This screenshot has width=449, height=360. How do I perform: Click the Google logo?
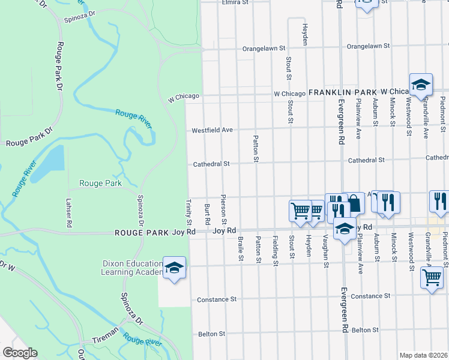click(19, 353)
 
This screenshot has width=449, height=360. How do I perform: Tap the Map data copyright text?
click(424, 355)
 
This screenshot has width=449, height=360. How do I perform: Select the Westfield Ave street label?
click(211, 130)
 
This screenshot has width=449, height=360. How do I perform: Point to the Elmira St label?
click(235, 2)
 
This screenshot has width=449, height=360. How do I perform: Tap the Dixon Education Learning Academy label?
click(132, 268)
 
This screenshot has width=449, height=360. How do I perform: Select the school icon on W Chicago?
click(421, 85)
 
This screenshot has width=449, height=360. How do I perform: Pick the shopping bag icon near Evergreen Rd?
click(354, 203)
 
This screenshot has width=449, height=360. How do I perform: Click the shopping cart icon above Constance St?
click(432, 277)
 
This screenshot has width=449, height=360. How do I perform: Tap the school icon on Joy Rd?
click(345, 229)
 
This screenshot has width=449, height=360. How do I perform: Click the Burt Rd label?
click(207, 212)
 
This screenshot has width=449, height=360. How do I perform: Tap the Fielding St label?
click(275, 251)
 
